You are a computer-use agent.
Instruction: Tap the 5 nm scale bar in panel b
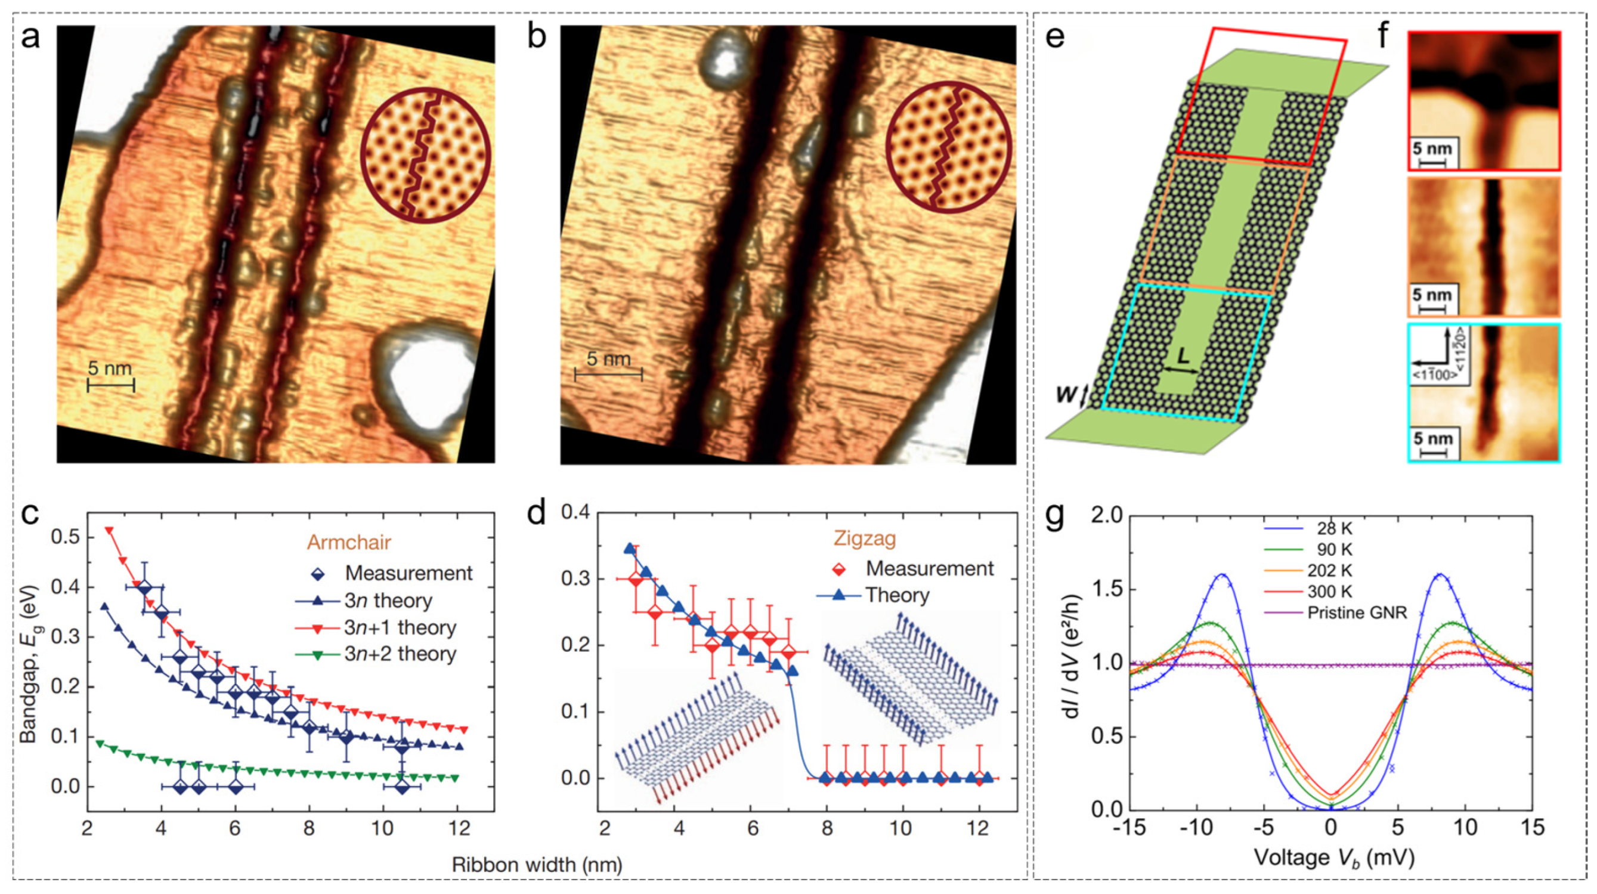(x=608, y=367)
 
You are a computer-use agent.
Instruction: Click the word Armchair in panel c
(x=349, y=543)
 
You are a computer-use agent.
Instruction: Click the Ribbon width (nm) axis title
(x=537, y=865)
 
